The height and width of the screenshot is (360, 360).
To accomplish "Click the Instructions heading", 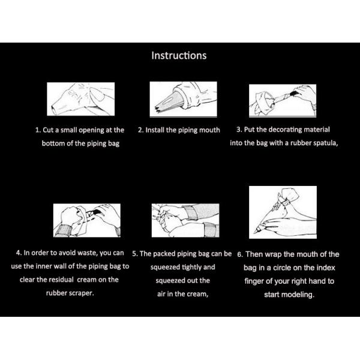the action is pyautogui.click(x=179, y=56).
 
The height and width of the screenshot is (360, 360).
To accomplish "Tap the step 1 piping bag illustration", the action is pyautogui.click(x=81, y=99).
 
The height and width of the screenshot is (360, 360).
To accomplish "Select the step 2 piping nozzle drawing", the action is pyautogui.click(x=183, y=99).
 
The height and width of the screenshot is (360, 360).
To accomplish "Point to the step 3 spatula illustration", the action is pyautogui.click(x=283, y=101).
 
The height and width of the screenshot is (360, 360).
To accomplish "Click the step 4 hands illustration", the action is pyautogui.click(x=87, y=220).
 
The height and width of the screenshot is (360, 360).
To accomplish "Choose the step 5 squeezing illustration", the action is pyautogui.click(x=185, y=220).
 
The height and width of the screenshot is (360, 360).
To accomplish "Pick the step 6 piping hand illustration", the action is pyautogui.click(x=283, y=212).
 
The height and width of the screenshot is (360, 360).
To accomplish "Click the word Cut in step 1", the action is pyautogui.click(x=48, y=130).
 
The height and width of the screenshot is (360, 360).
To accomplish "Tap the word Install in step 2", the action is pyautogui.click(x=155, y=130).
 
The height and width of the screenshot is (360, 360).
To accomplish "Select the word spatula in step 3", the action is pyautogui.click(x=326, y=143).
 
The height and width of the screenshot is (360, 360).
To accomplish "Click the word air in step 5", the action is pyautogui.click(x=161, y=294).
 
